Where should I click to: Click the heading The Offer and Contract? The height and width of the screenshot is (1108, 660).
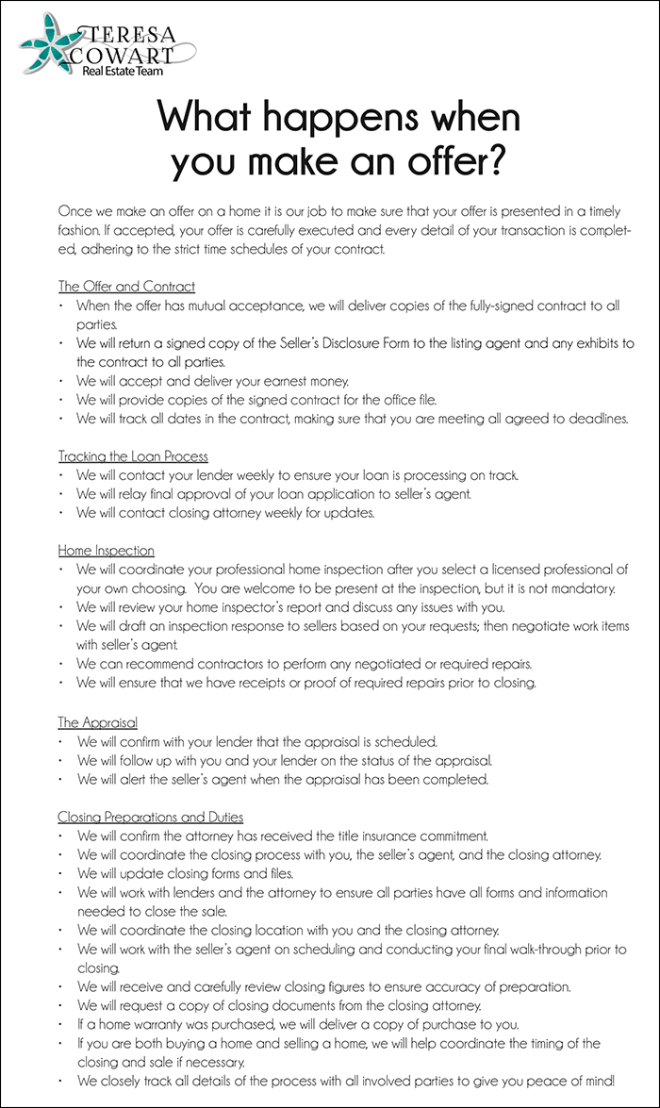point(126,286)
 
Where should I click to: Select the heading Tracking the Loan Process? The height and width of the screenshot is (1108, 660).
point(133,456)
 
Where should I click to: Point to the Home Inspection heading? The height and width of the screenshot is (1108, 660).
point(106,550)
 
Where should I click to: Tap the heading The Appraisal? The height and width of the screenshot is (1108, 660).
point(97,722)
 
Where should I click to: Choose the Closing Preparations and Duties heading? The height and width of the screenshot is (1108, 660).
point(150,816)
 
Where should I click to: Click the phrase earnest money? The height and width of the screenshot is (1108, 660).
point(305,380)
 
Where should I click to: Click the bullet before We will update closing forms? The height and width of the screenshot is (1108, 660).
point(61,873)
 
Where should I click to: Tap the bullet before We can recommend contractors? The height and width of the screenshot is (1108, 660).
point(61,663)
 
